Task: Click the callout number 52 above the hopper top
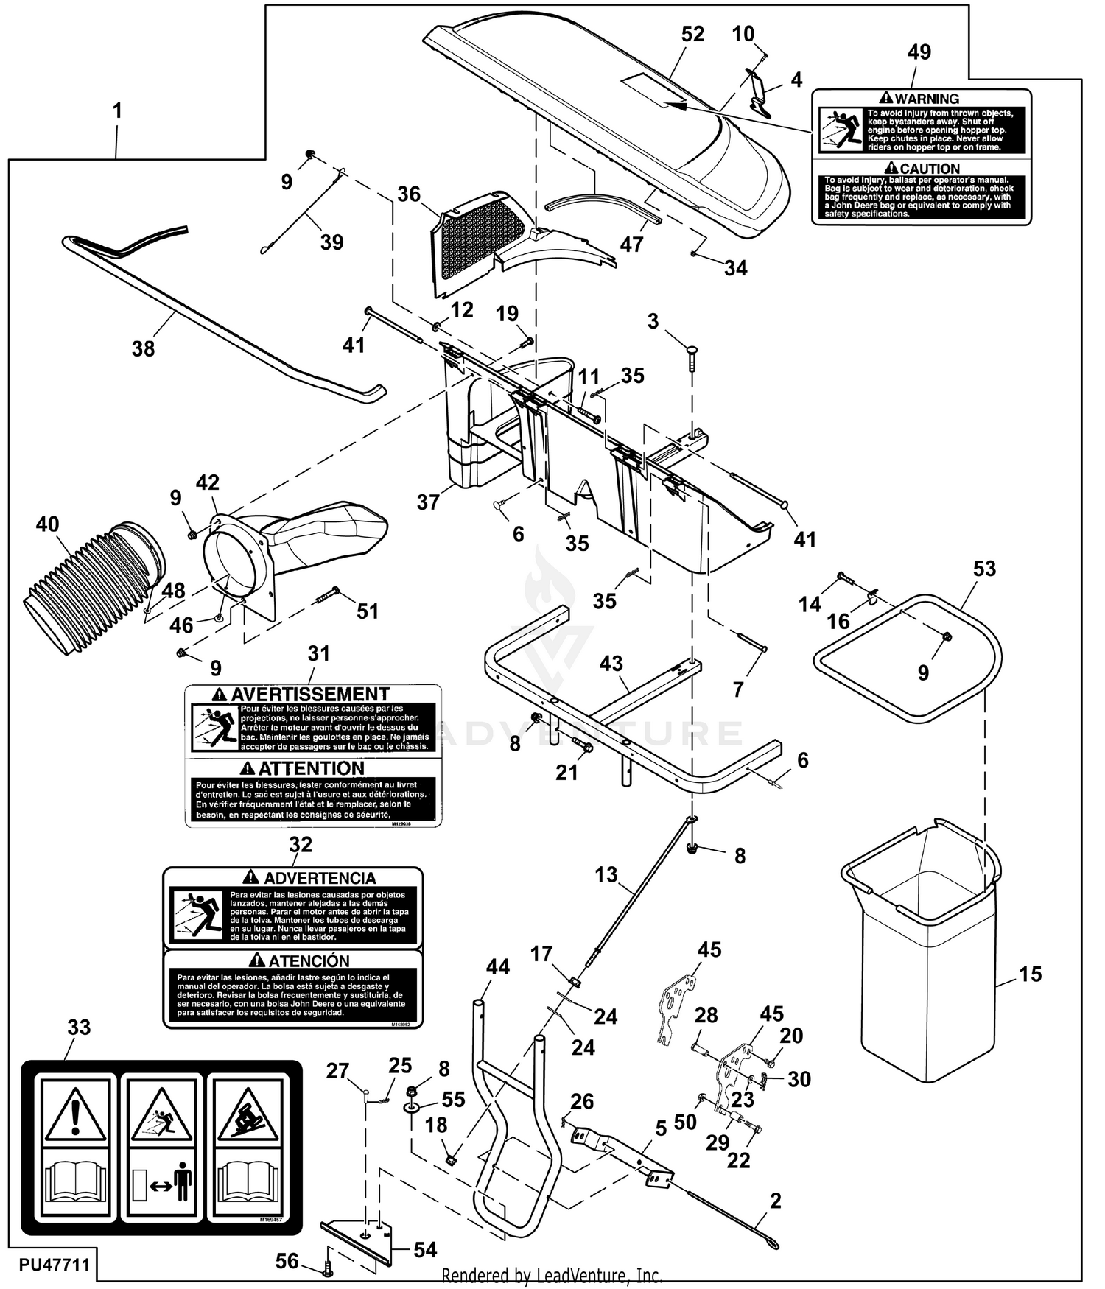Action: [692, 34]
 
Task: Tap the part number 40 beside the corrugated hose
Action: [47, 524]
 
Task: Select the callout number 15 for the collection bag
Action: [1030, 974]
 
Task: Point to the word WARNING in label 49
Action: [927, 99]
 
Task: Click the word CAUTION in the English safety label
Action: [930, 169]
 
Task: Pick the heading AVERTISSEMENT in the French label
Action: [309, 695]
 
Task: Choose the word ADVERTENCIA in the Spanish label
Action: [320, 878]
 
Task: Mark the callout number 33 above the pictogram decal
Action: [79, 1028]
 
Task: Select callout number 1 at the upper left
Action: [116, 111]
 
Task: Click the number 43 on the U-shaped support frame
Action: [611, 664]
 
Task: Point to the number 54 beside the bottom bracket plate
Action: [425, 1249]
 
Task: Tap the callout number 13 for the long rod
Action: [606, 874]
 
